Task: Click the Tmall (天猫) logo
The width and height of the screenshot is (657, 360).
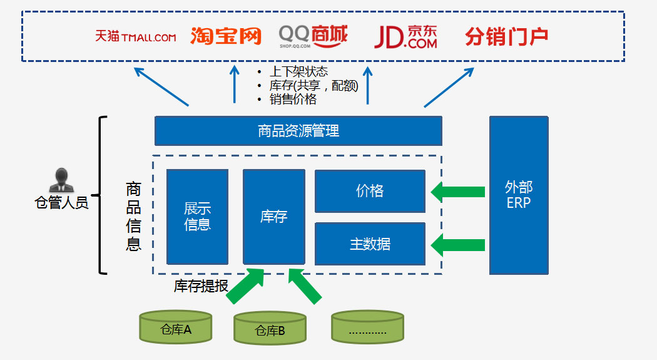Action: coord(135,37)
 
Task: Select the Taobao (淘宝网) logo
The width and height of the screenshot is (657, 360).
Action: coord(225,36)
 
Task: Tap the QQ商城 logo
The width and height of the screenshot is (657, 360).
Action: coord(313,36)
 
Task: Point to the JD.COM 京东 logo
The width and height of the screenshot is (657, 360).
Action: coord(405,36)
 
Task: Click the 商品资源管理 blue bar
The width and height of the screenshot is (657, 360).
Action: coord(298,131)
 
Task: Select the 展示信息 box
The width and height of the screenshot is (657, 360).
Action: coord(197,216)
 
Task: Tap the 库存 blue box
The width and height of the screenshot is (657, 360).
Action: coord(273,216)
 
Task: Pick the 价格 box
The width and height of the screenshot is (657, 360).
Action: coord(370,191)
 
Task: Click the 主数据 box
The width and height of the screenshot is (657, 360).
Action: coord(370,244)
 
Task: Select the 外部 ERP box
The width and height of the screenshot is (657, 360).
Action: coord(518,195)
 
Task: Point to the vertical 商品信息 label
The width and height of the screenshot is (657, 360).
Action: coord(133,216)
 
